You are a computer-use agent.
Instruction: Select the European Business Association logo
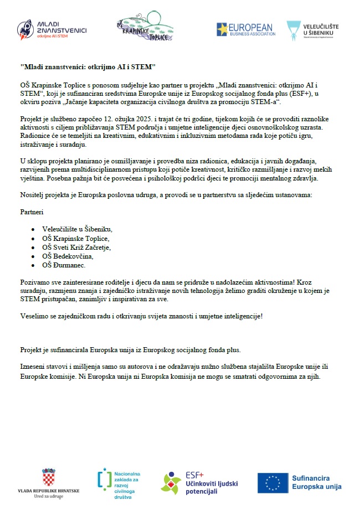pos(245,29)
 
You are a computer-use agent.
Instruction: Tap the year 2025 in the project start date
pos(141,120)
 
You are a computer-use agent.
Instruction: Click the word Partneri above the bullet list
pos(32,212)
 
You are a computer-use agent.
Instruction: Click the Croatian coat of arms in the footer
pos(49,477)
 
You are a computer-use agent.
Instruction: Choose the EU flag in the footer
pos(273,482)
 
